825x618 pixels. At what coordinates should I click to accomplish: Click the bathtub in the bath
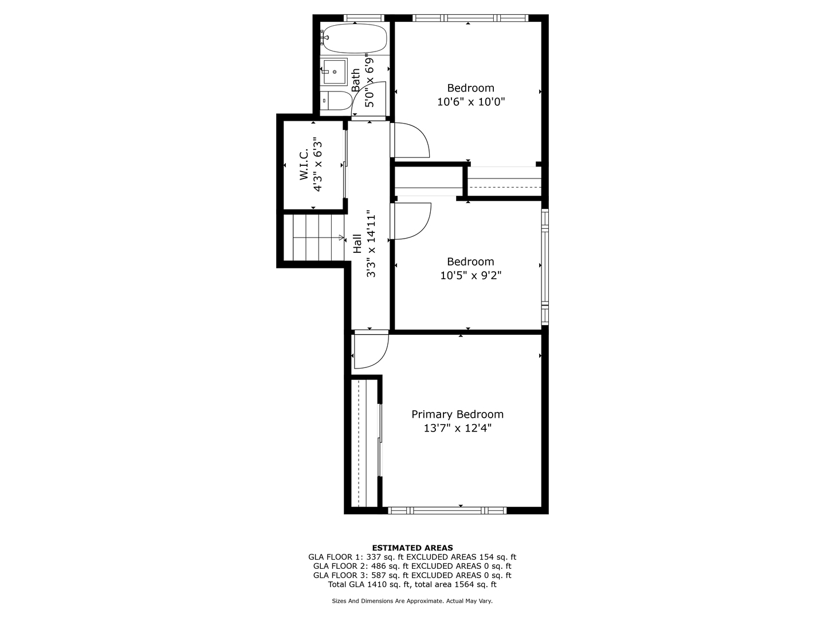[354, 39]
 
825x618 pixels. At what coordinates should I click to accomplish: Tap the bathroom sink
[334, 72]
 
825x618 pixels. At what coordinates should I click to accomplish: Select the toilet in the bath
[336, 101]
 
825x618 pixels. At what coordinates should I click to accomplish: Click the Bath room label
[356, 80]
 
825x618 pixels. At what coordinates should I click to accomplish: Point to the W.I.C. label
[304, 164]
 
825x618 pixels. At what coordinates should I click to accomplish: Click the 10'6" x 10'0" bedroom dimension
[470, 102]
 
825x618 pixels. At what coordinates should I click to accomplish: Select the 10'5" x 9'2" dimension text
[470, 276]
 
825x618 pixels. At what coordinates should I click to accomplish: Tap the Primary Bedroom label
[457, 414]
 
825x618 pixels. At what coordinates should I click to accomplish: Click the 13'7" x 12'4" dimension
[457, 429]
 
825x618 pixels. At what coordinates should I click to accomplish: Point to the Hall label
[357, 243]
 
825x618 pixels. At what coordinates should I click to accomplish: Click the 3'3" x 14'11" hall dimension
[371, 243]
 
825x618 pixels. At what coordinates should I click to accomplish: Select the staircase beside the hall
[314, 237]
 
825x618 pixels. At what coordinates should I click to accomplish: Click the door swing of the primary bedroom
[370, 349]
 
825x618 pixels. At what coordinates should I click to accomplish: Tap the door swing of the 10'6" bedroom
[409, 140]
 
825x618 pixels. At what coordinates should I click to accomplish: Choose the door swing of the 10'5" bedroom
[410, 221]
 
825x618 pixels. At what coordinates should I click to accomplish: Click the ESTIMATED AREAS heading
[412, 548]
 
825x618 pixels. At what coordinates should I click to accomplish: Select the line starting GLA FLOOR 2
[412, 566]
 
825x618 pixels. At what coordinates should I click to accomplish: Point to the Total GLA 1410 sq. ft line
[412, 584]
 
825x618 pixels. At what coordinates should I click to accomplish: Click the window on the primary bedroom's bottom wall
[447, 510]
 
